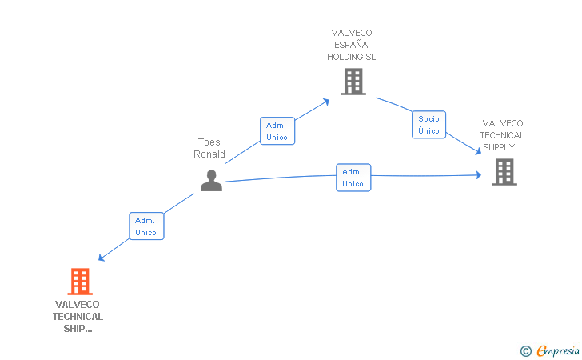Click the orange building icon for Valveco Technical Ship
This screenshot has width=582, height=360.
(x=79, y=282)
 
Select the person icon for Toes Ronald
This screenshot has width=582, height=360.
(x=211, y=181)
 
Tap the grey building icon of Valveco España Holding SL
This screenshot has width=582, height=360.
(x=353, y=82)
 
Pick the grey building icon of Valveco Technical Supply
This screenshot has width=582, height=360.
(x=504, y=171)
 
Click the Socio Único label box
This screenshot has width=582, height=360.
(x=429, y=125)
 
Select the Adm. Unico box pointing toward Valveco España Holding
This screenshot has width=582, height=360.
(x=277, y=131)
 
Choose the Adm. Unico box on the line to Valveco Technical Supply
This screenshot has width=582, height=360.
(x=353, y=178)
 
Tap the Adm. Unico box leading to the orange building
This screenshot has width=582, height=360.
(x=146, y=226)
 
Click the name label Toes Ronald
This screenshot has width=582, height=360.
(x=209, y=149)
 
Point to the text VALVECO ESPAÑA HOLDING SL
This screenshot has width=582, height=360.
(x=352, y=45)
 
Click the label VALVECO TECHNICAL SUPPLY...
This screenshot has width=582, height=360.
(x=503, y=135)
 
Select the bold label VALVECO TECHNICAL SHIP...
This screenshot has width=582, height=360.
(x=78, y=316)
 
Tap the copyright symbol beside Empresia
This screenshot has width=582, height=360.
(x=525, y=350)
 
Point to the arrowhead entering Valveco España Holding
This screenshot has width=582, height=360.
(x=327, y=102)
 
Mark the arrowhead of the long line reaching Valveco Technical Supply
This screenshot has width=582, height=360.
(x=479, y=174)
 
